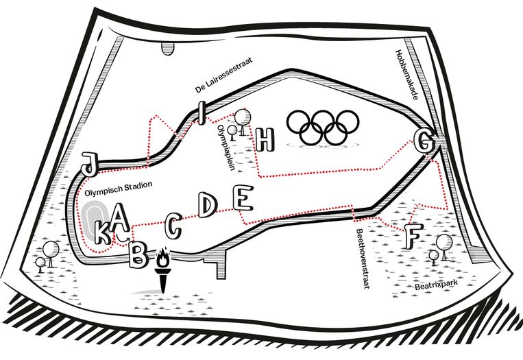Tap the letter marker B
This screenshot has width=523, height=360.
[138, 255]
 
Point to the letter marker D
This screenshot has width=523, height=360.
[207, 204]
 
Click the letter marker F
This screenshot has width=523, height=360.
[411, 236]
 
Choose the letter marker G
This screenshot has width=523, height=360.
[424, 143]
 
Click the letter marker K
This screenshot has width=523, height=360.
[102, 234]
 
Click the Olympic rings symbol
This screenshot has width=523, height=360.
[322, 128]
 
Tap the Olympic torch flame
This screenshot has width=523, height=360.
[163, 259]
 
